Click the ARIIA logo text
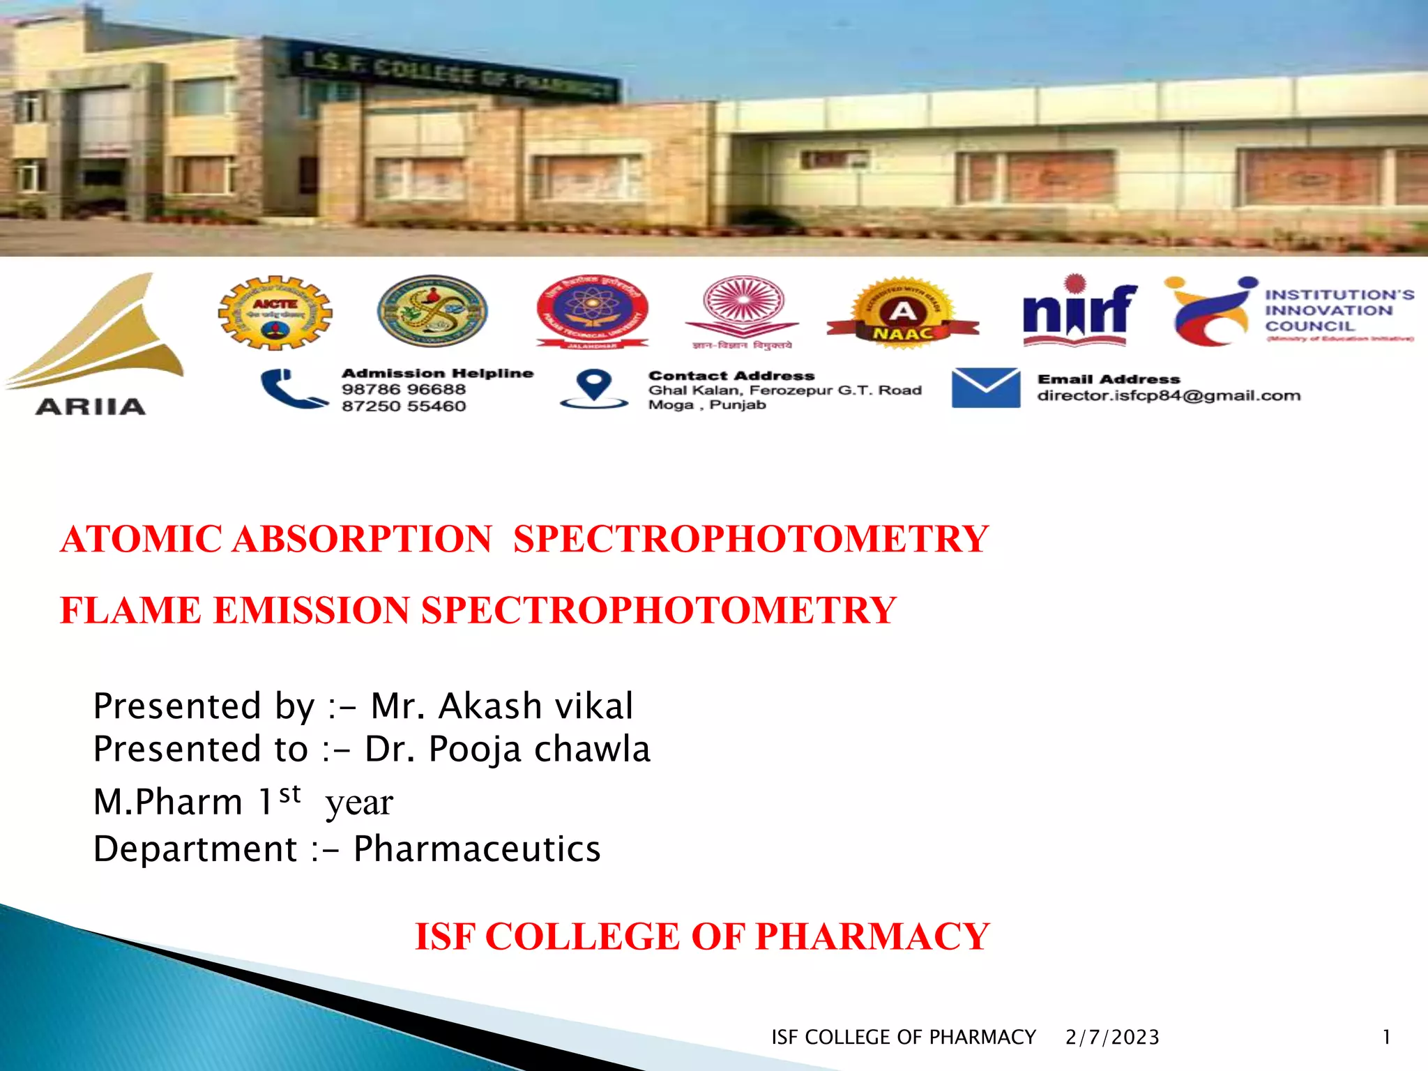pos(91,407)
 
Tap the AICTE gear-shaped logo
pos(275,312)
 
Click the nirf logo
pos(1079,312)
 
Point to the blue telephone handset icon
pos(293,389)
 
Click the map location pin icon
pos(594,388)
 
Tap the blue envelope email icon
pos(985,388)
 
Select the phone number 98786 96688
pos(404,389)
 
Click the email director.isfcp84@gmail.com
pos(1169,395)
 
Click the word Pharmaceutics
pos(477,849)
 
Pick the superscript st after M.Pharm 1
pos(289,793)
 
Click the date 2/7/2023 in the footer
pos(1112,1038)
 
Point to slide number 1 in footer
pos(1386,1038)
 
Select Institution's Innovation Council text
pos(1339,310)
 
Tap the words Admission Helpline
pos(437,373)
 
